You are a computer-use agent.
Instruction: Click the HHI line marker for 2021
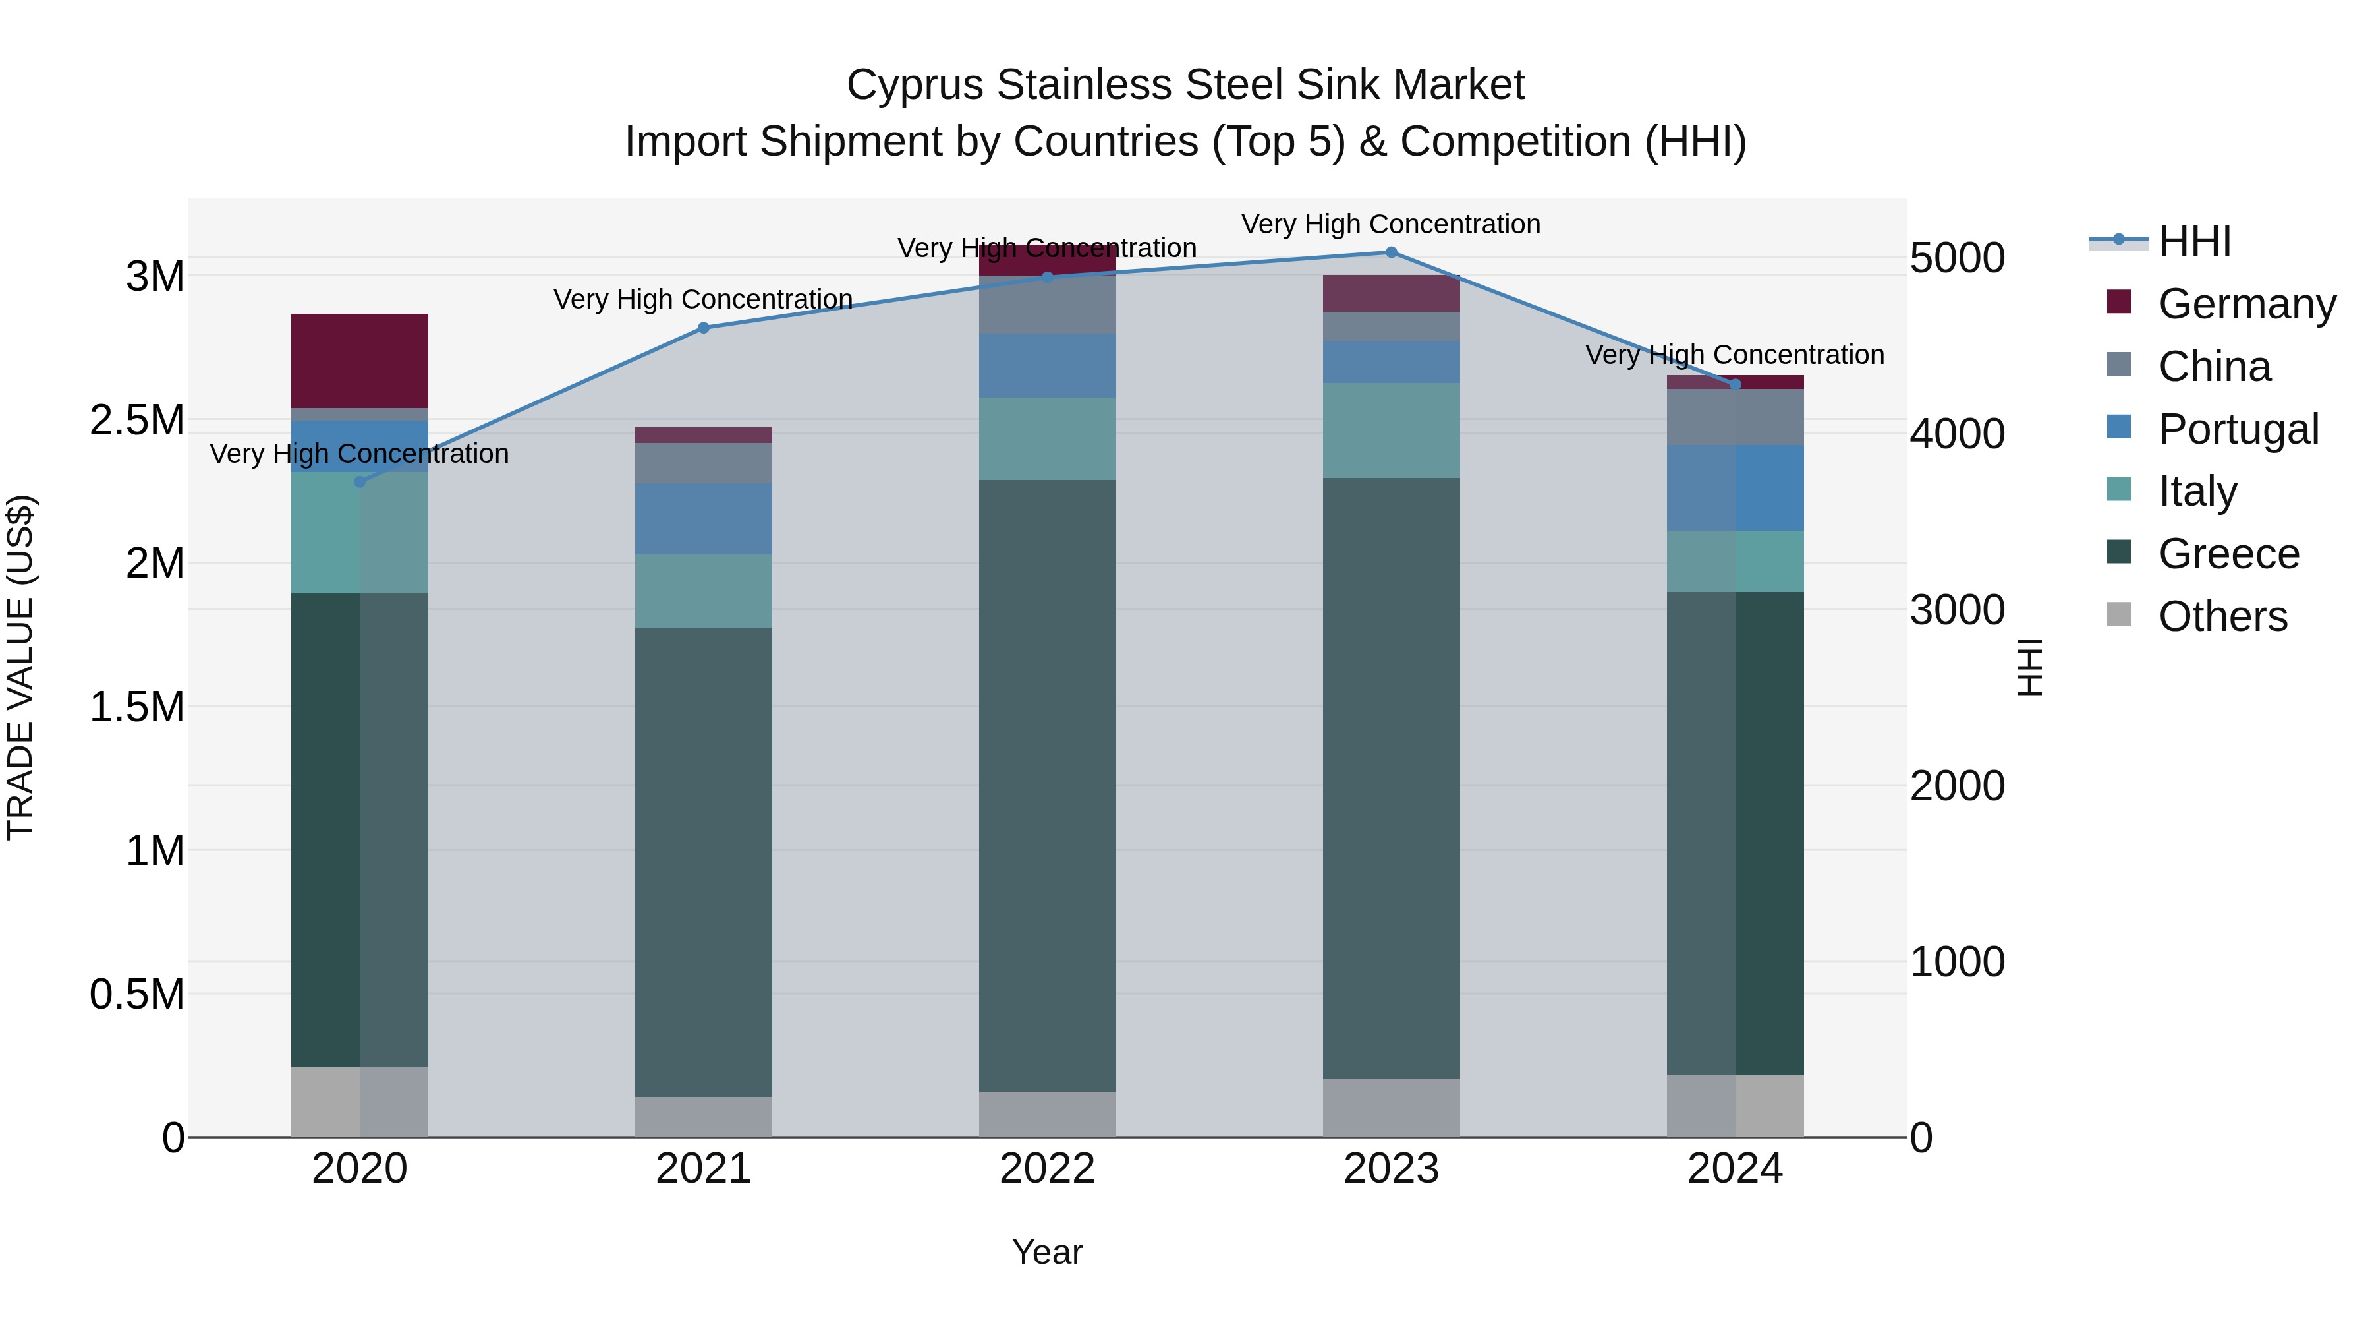704,328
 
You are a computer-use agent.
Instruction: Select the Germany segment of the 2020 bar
359,360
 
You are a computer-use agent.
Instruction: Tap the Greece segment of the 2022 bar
1047,785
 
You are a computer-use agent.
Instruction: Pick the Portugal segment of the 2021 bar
704,519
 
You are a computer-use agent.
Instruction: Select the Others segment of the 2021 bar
704,1117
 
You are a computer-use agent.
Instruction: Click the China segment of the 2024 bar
1735,417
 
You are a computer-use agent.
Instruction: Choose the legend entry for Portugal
2238,429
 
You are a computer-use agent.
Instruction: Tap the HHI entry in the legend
2194,241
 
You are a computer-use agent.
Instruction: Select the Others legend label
2222,616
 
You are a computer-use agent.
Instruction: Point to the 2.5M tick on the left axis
136,420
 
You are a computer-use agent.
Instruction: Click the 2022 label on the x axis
1047,1169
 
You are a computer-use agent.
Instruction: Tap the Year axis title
1047,1252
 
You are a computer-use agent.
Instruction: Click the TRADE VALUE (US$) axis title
20,667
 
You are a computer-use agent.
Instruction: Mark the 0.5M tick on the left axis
136,994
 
